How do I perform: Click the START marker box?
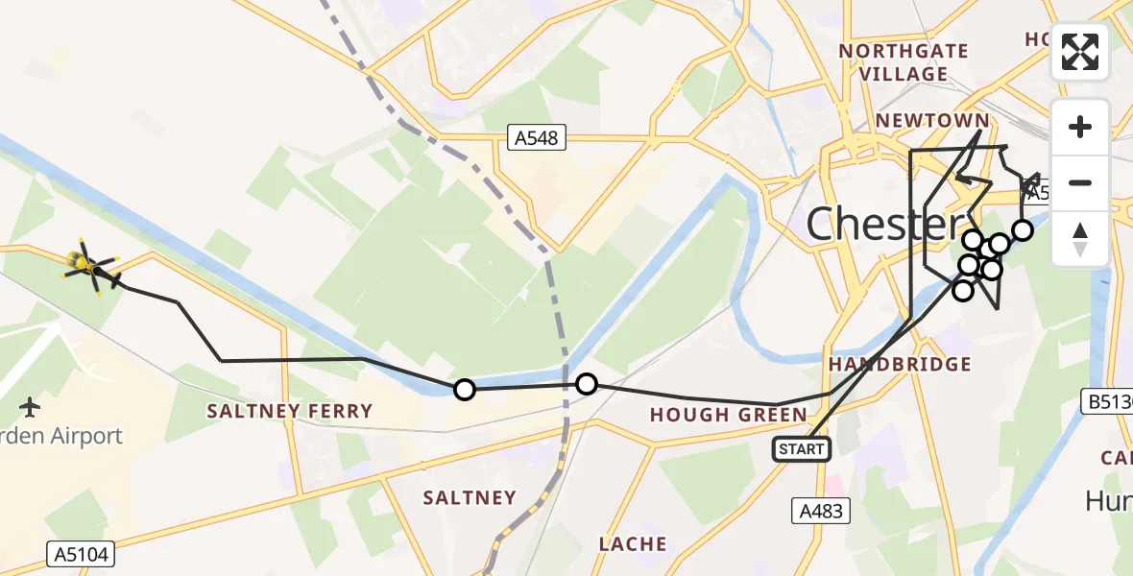point(802,448)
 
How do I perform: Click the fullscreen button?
point(1080,52)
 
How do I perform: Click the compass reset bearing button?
point(1080,238)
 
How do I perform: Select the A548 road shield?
point(536,139)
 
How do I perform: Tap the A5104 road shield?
point(81,554)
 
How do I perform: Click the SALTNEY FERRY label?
point(291,411)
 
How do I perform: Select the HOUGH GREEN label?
point(729,415)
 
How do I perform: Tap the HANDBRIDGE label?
point(900,364)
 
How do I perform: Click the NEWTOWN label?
point(931,121)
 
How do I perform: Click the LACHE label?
point(633,544)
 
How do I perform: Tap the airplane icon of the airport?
point(31,407)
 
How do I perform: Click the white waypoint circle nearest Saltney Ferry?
point(464,389)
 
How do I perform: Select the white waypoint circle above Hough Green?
point(586,384)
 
